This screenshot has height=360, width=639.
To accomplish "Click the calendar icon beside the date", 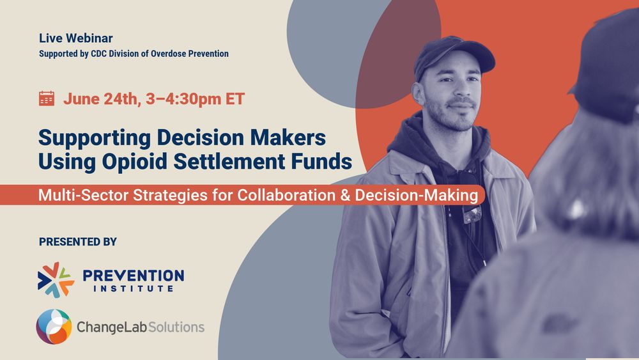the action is pyautogui.click(x=47, y=98).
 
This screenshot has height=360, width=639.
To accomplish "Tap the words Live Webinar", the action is pyautogui.click(x=76, y=38).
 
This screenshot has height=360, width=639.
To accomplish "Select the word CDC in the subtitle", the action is pyautogui.click(x=98, y=54).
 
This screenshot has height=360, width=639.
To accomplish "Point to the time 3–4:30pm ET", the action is pyautogui.click(x=195, y=98).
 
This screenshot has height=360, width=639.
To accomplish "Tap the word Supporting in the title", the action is pyautogui.click(x=95, y=138).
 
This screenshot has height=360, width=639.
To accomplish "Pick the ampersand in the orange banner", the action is pyautogui.click(x=345, y=195).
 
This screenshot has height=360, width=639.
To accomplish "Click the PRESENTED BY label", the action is pyautogui.click(x=78, y=242).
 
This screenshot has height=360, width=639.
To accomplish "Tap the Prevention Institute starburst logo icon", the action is pyautogui.click(x=56, y=279).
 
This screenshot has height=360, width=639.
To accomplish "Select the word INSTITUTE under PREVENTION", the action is pyautogui.click(x=134, y=288).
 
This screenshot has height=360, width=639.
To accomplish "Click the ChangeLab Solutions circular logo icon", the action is pyautogui.click(x=54, y=327).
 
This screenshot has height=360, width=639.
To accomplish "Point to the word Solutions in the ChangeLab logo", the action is pyautogui.click(x=176, y=327).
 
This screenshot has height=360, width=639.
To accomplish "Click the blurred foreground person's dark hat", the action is pyautogui.click(x=607, y=65).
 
